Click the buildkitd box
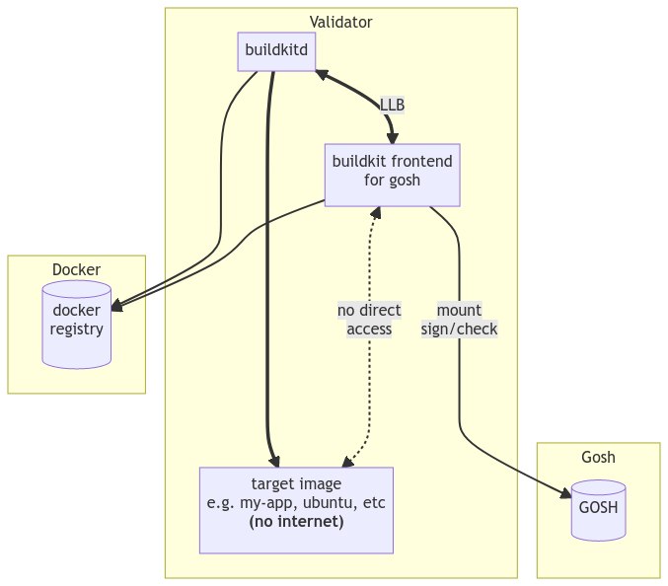pyautogui.click(x=276, y=52)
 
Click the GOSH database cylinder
pyautogui.click(x=598, y=510)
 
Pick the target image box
pyautogui.click(x=296, y=510)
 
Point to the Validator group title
pyautogui.click(x=340, y=21)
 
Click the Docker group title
pyautogui.click(x=76, y=268)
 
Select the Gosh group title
pyautogui.click(x=598, y=456)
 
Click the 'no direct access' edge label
pyautogui.click(x=370, y=320)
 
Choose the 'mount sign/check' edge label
pyautogui.click(x=459, y=320)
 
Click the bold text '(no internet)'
pyautogui.click(x=296, y=521)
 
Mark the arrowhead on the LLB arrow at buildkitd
pyautogui.click(x=321, y=74)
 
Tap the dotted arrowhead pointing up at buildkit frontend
pyautogui.click(x=375, y=212)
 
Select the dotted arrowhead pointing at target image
pyautogui.click(x=345, y=461)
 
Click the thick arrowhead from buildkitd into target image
pyautogui.click(x=274, y=461)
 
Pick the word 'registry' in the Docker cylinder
pyautogui.click(x=77, y=330)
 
